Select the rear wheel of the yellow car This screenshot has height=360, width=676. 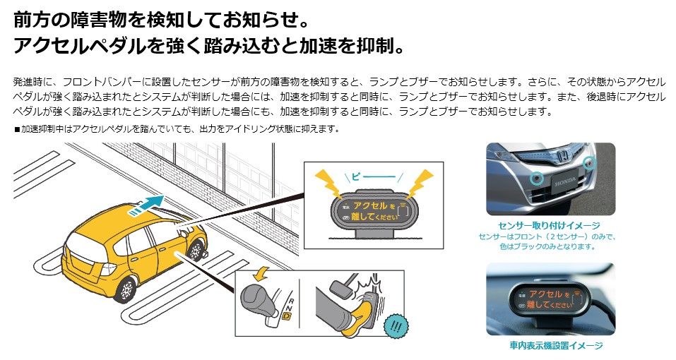click(125, 288)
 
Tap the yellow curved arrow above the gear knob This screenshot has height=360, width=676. click(263, 272)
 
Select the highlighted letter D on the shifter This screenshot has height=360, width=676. click(286, 318)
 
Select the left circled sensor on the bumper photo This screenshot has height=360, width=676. click(538, 177)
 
